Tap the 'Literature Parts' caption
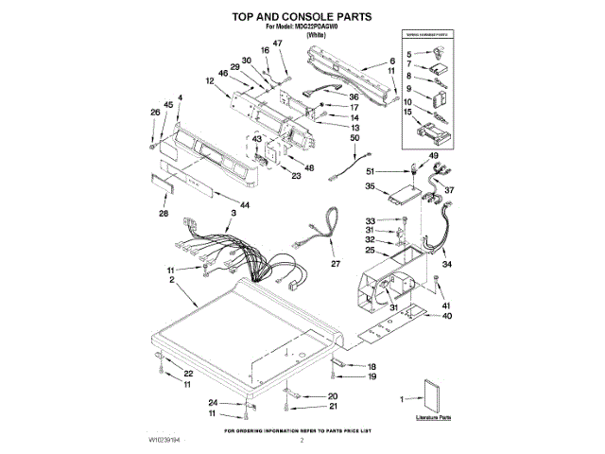(x=434, y=416)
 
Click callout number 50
(x=355, y=139)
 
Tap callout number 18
(x=372, y=366)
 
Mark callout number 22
(x=188, y=375)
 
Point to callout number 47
(x=278, y=44)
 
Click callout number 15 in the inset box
(x=408, y=113)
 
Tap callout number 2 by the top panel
(x=171, y=281)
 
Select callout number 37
(x=450, y=190)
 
